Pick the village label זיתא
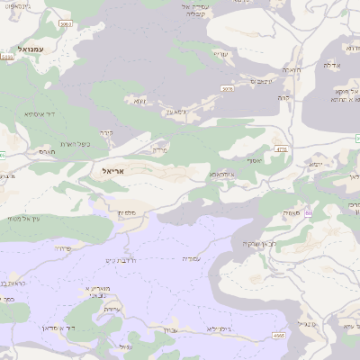(139, 101)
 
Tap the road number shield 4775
(282, 149)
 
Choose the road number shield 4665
(278, 335)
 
